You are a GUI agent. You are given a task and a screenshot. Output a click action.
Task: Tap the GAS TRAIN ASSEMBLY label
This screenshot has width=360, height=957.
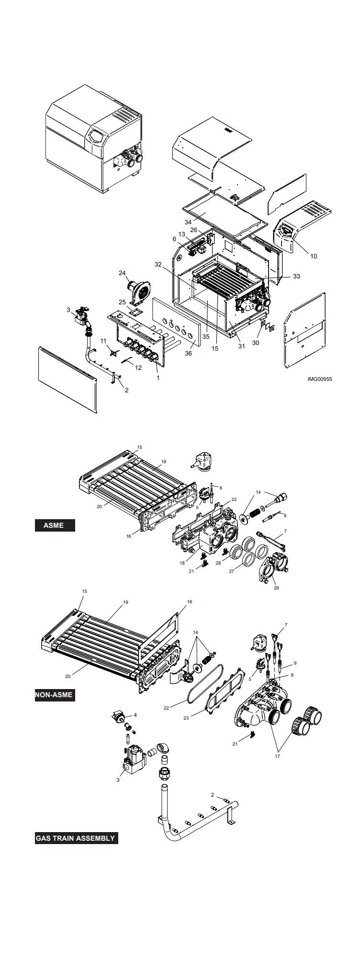pyautogui.click(x=76, y=838)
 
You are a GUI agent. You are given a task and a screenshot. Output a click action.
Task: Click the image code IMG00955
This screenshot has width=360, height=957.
pyautogui.click(x=320, y=379)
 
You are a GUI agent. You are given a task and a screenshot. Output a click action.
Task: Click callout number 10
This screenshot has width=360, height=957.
pyautogui.click(x=313, y=256)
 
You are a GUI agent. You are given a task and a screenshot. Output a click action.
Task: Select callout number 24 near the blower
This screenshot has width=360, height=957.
pyautogui.click(x=122, y=273)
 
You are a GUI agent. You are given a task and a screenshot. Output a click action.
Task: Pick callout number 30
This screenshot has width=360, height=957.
pyautogui.click(x=256, y=342)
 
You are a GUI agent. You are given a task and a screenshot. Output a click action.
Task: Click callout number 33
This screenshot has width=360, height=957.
pyautogui.click(x=296, y=277)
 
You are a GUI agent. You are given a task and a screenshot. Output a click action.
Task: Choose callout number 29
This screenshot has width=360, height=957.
pyautogui.click(x=276, y=588)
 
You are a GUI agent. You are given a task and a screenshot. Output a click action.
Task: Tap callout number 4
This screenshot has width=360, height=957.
pyautogui.click(x=135, y=715)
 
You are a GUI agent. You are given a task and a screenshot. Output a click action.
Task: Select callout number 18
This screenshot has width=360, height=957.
pyautogui.click(x=182, y=563)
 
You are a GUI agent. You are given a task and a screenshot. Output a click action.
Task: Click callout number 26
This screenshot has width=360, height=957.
pyautogui.click(x=193, y=230)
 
